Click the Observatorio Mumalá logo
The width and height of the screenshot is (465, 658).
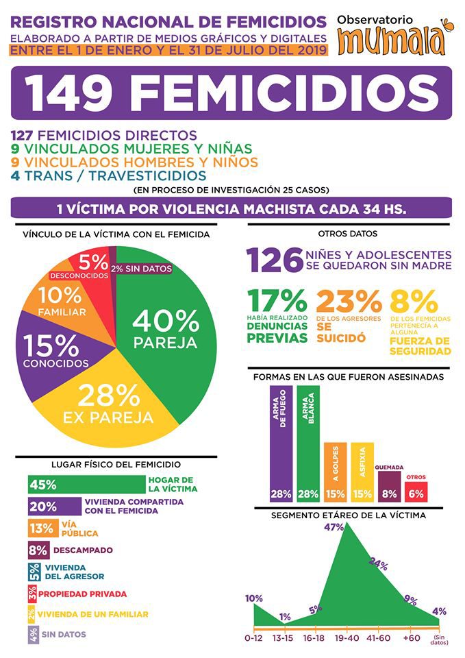pyautogui.click(x=397, y=35)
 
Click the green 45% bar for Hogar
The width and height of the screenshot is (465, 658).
pyautogui.click(x=86, y=485)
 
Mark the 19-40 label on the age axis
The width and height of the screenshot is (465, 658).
pyautogui.click(x=345, y=637)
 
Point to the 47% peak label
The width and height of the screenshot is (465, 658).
pyautogui.click(x=334, y=527)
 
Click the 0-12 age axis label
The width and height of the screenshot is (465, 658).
pyautogui.click(x=253, y=637)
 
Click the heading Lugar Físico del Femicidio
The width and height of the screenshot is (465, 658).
pyautogui.click(x=116, y=465)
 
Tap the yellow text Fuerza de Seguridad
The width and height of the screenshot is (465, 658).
pyautogui.click(x=420, y=347)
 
